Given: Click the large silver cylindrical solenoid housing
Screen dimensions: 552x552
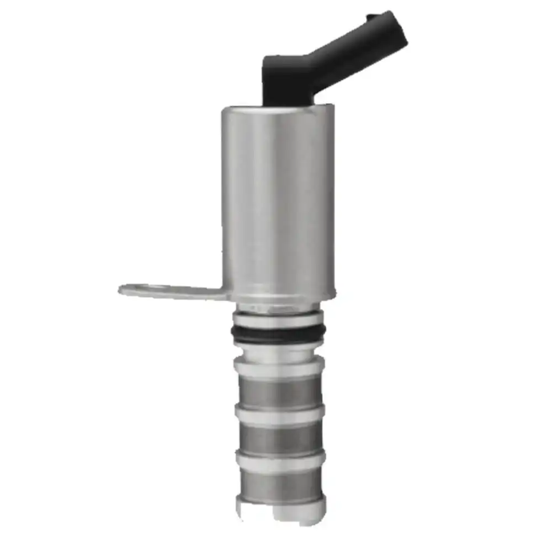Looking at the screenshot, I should tap(279, 199).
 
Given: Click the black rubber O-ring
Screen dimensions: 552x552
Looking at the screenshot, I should tap(279, 332).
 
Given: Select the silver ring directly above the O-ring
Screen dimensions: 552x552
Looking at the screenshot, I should tap(279, 319).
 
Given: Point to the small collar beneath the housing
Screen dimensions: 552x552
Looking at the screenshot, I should tap(279, 305).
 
